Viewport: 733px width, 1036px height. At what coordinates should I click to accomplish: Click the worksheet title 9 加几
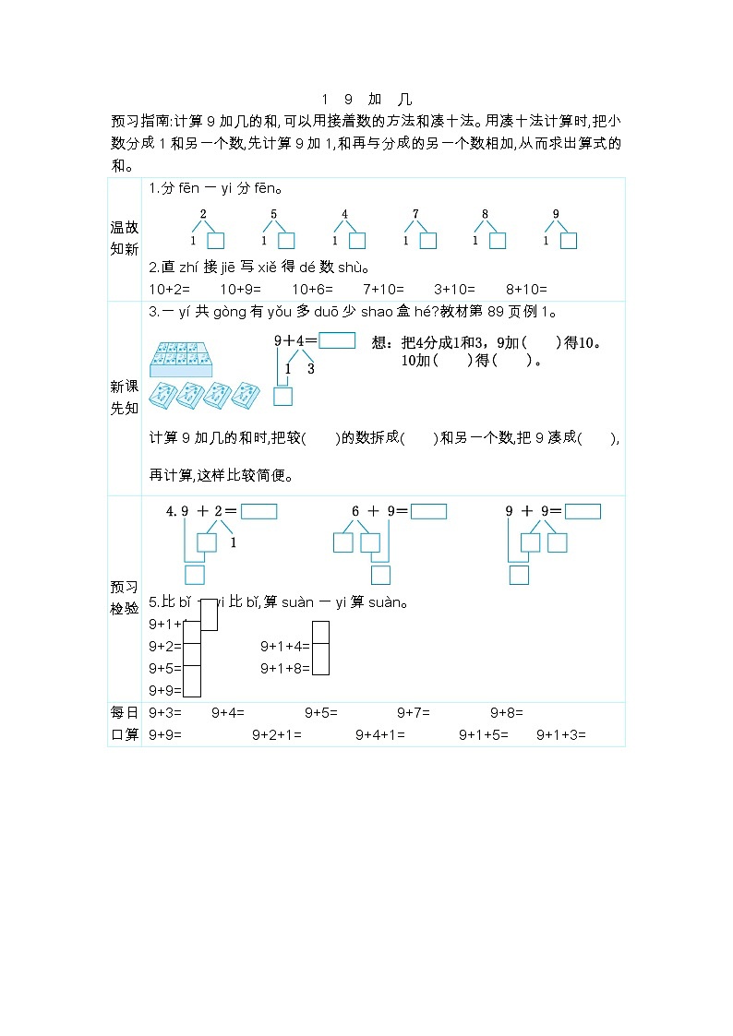click(366, 100)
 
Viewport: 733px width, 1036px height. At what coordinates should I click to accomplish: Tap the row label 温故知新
click(124, 238)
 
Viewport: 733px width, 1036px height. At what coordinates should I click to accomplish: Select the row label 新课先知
click(124, 397)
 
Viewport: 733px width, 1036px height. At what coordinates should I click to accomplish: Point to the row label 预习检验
click(124, 597)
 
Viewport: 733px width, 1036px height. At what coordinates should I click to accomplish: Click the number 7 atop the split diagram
click(415, 214)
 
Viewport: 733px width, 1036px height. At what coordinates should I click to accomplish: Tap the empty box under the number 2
click(215, 241)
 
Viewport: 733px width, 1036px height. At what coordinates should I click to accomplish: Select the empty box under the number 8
click(497, 241)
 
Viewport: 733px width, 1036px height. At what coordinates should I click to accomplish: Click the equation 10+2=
click(165, 288)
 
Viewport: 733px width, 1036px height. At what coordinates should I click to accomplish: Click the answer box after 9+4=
click(337, 340)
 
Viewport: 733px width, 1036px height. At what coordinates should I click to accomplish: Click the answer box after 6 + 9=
click(428, 512)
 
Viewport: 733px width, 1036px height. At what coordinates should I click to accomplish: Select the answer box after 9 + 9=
click(583, 512)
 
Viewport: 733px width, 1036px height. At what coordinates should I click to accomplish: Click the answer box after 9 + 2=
click(258, 512)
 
